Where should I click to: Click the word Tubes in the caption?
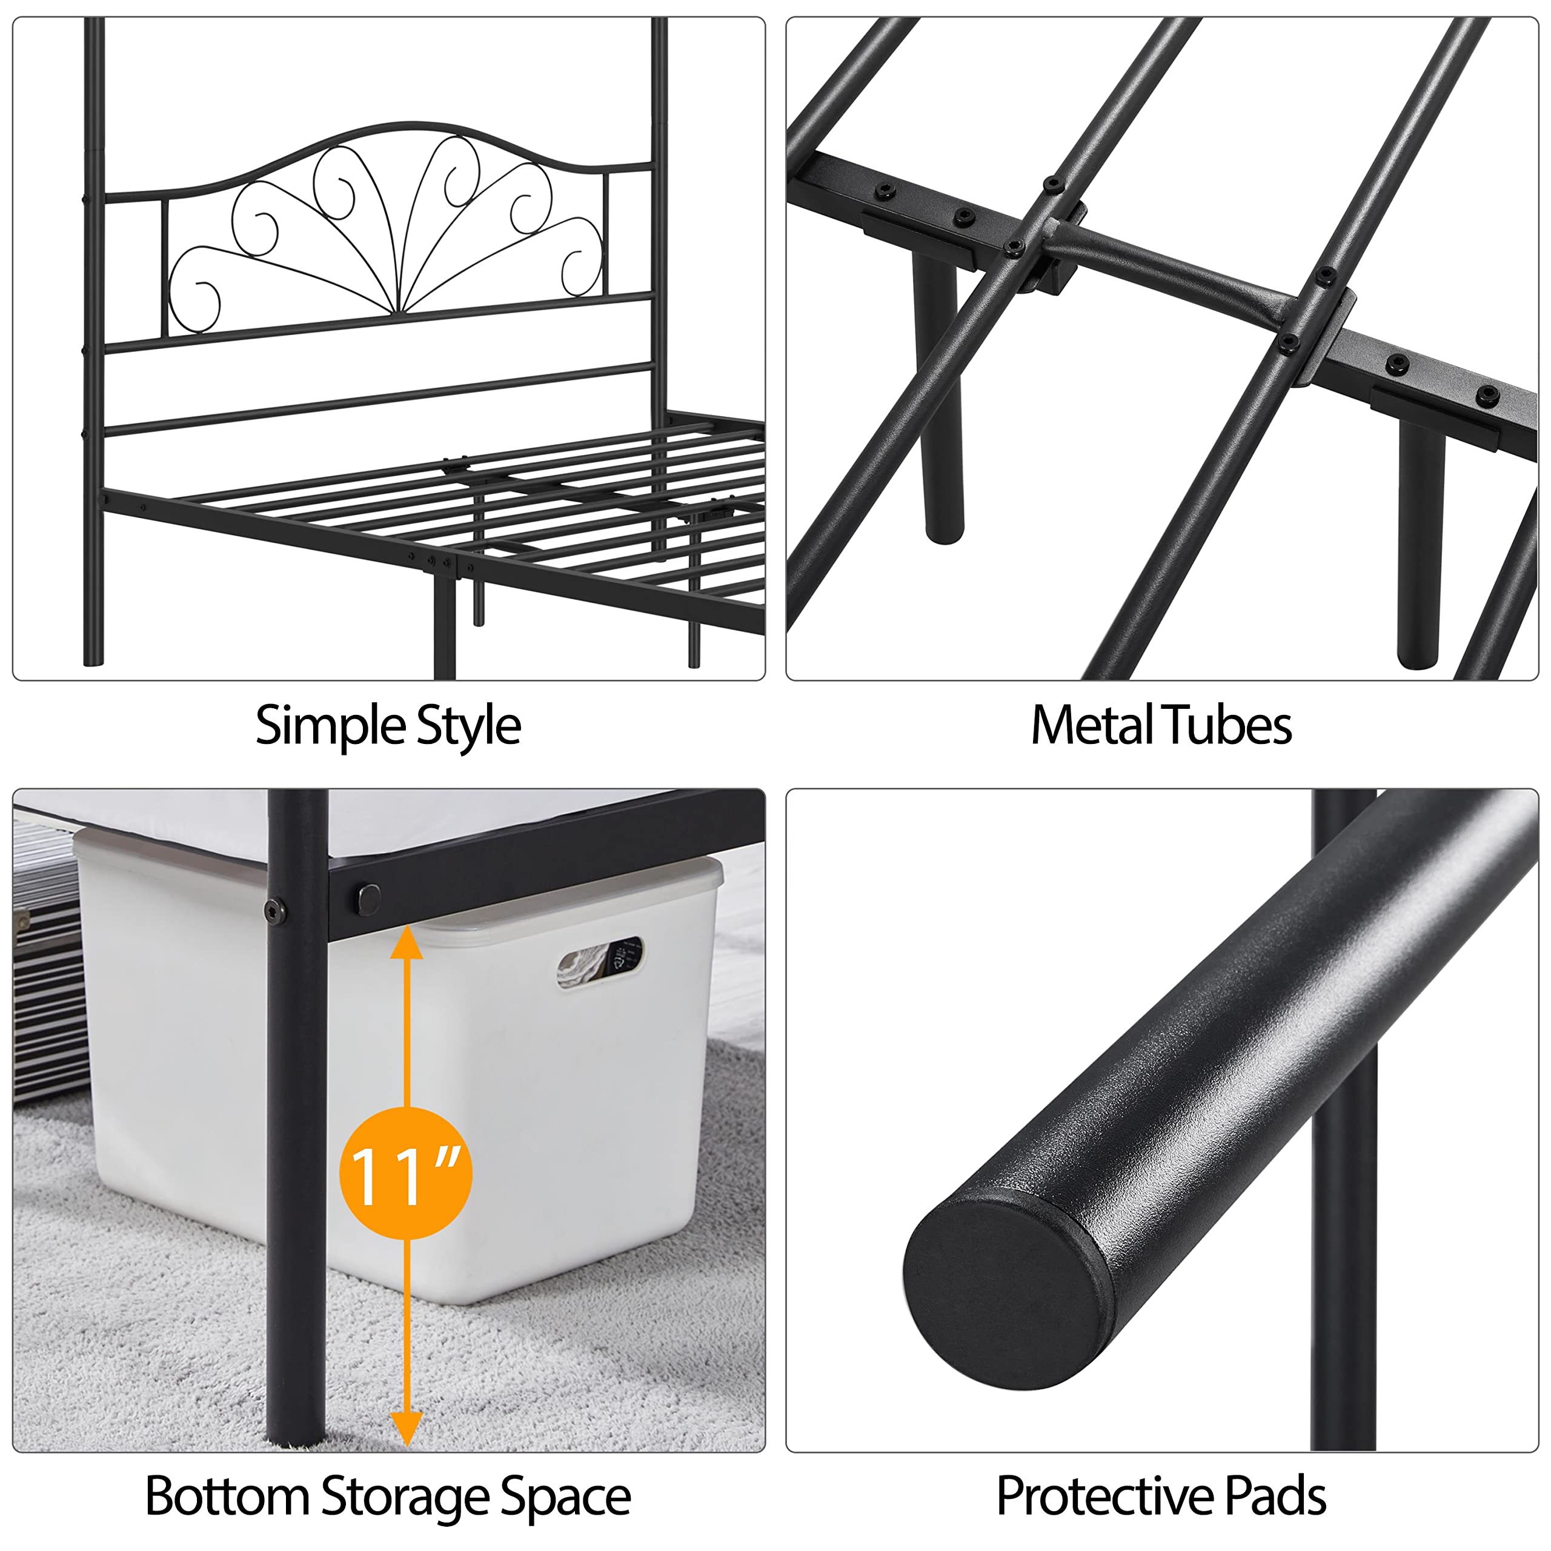[x=1227, y=725]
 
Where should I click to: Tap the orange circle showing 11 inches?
[x=405, y=1173]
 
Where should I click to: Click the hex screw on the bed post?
[x=276, y=911]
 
